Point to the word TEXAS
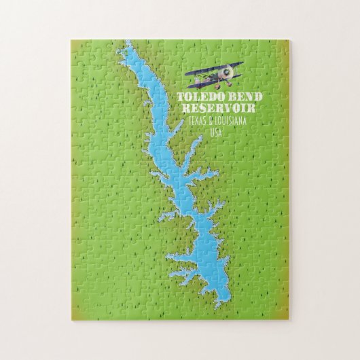(188, 121)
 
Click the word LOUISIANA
(230, 120)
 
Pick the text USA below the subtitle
(217, 132)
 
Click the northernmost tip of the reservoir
(127, 43)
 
